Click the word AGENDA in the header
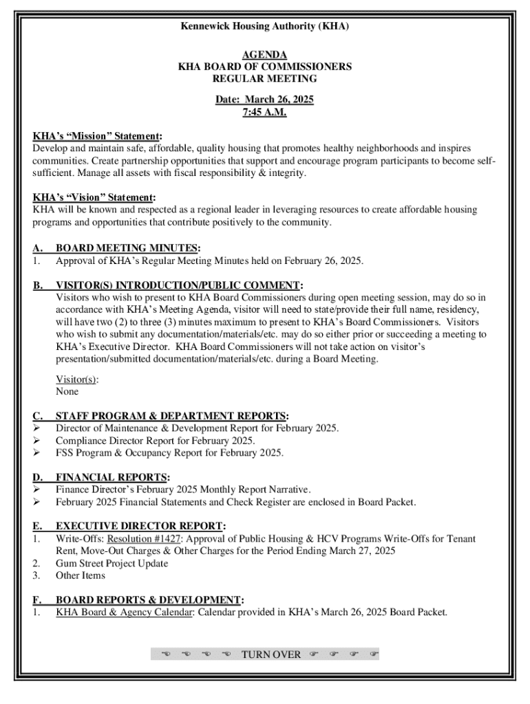click(x=265, y=54)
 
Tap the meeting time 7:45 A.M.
click(x=264, y=112)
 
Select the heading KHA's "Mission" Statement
click(x=97, y=136)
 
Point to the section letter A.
click(x=38, y=248)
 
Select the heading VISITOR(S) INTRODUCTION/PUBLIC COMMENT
click(x=178, y=285)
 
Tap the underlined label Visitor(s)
click(x=76, y=379)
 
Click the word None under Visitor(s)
click(x=67, y=391)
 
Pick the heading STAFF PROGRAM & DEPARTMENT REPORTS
click(x=171, y=416)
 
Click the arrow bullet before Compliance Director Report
click(x=37, y=441)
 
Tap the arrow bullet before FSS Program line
click(x=37, y=453)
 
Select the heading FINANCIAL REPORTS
click(x=112, y=477)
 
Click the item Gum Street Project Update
click(x=112, y=563)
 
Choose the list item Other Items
click(x=80, y=575)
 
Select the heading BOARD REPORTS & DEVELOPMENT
click(x=149, y=600)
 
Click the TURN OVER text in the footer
click(x=271, y=654)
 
